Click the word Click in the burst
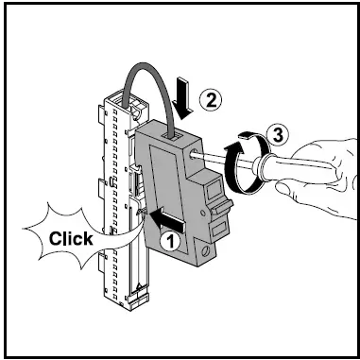tap(72, 238)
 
